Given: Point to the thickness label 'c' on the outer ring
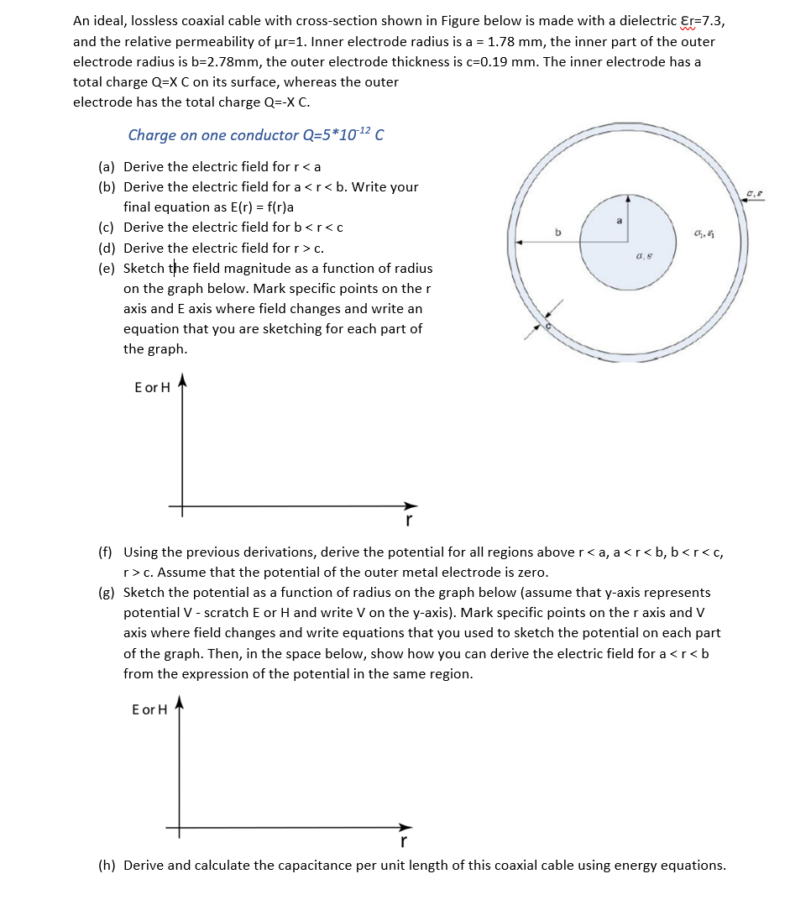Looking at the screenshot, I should point(548,323).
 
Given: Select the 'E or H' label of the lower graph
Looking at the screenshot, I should point(149,709).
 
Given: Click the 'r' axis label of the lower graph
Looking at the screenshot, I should point(404,841).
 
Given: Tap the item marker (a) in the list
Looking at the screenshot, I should point(107,166).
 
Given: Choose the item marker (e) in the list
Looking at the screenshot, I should point(107,269).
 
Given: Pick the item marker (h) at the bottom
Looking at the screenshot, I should point(107,865).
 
